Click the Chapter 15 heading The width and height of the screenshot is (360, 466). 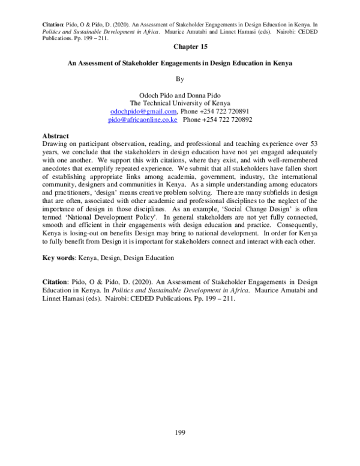pos(181,46)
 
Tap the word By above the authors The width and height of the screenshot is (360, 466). pos(181,79)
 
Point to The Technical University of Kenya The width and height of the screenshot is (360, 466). pos(181,103)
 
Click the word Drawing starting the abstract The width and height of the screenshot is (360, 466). pos(56,145)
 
